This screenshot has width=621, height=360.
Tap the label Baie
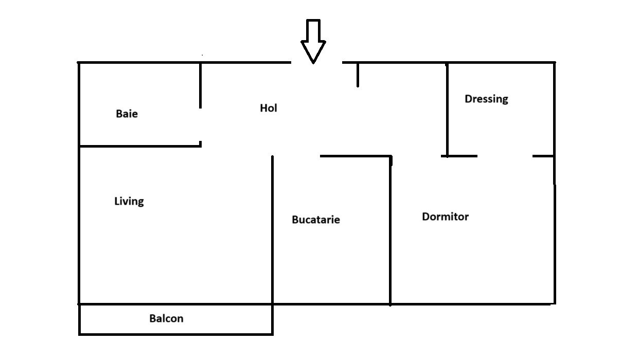[127, 114]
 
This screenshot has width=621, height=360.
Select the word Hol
[269, 108]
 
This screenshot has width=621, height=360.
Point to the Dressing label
[486, 99]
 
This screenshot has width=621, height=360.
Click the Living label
[129, 201]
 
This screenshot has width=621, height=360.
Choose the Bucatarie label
[315, 220]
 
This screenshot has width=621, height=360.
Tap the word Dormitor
[445, 217]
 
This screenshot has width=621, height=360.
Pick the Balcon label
[166, 318]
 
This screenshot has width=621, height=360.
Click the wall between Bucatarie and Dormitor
[390, 231]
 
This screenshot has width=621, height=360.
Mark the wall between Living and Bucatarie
[272, 231]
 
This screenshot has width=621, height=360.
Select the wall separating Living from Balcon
[175, 304]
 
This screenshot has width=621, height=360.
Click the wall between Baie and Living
[139, 146]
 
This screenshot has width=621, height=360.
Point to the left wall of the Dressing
[447, 108]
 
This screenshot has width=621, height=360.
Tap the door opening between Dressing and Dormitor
[505, 156]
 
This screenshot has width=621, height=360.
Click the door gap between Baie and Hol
[200, 126]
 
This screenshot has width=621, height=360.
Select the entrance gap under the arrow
[316, 63]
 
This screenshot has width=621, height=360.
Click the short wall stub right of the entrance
[358, 75]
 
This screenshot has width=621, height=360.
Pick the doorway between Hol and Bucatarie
[296, 156]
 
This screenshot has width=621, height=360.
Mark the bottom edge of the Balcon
[175, 334]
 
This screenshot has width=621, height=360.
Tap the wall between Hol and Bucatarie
[355, 156]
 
